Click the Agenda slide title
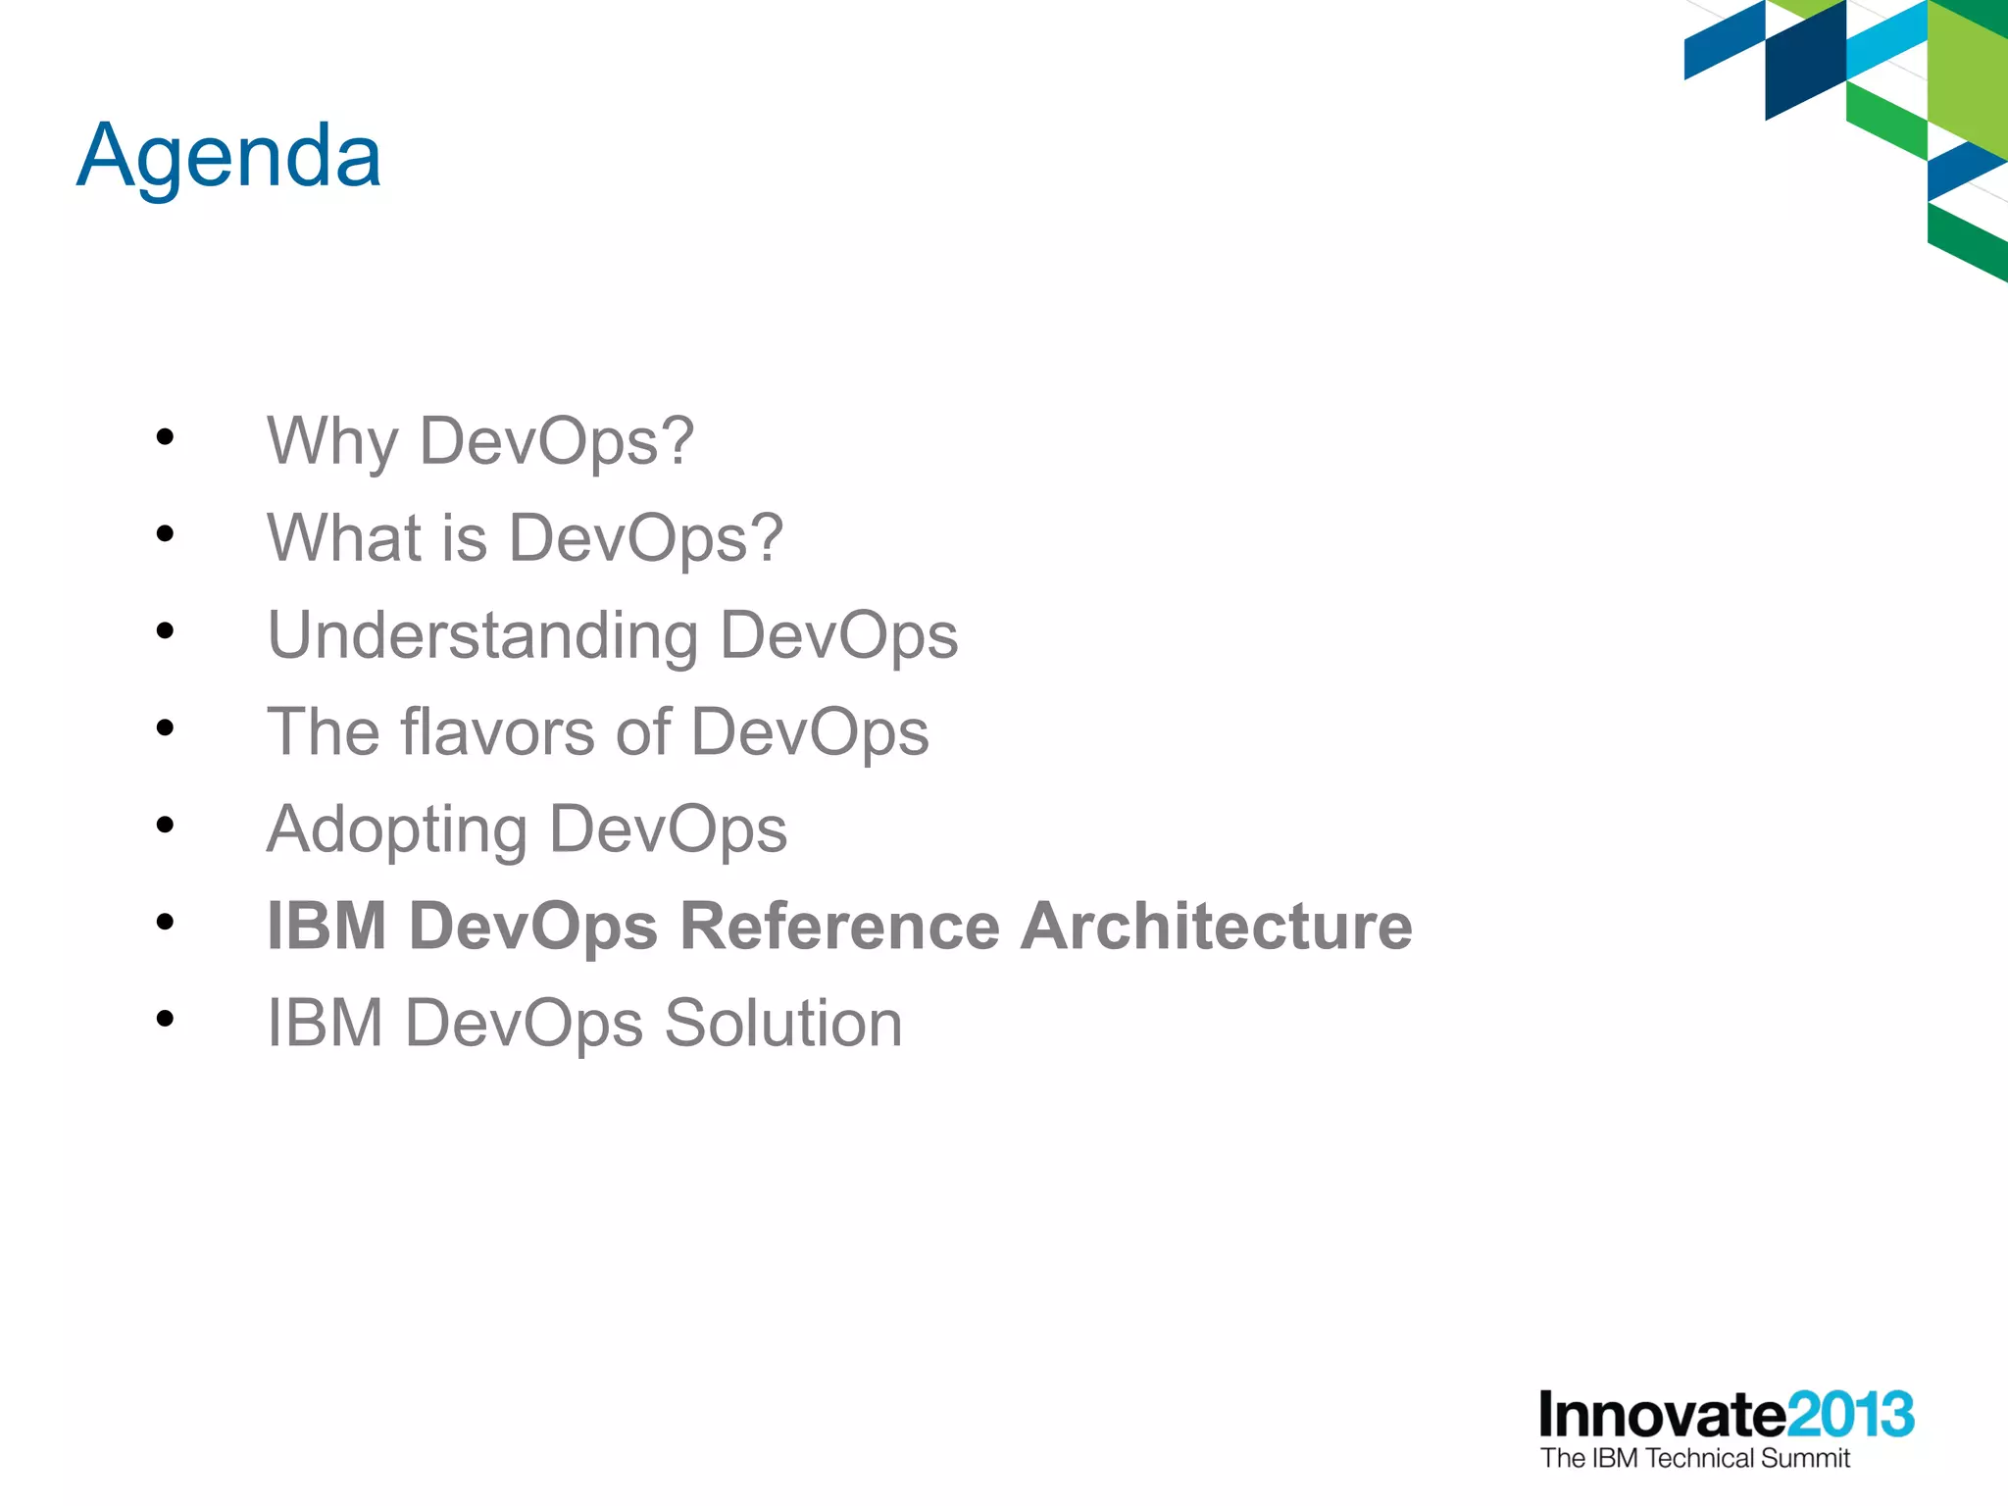[228, 157]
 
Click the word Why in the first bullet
[331, 442]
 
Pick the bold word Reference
[839, 926]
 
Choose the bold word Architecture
[1216, 926]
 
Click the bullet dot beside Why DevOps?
[165, 437]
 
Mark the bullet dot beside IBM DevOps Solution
[165, 1019]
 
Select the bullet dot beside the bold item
[165, 922]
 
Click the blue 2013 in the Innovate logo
[1849, 1415]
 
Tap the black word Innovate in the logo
[1661, 1415]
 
